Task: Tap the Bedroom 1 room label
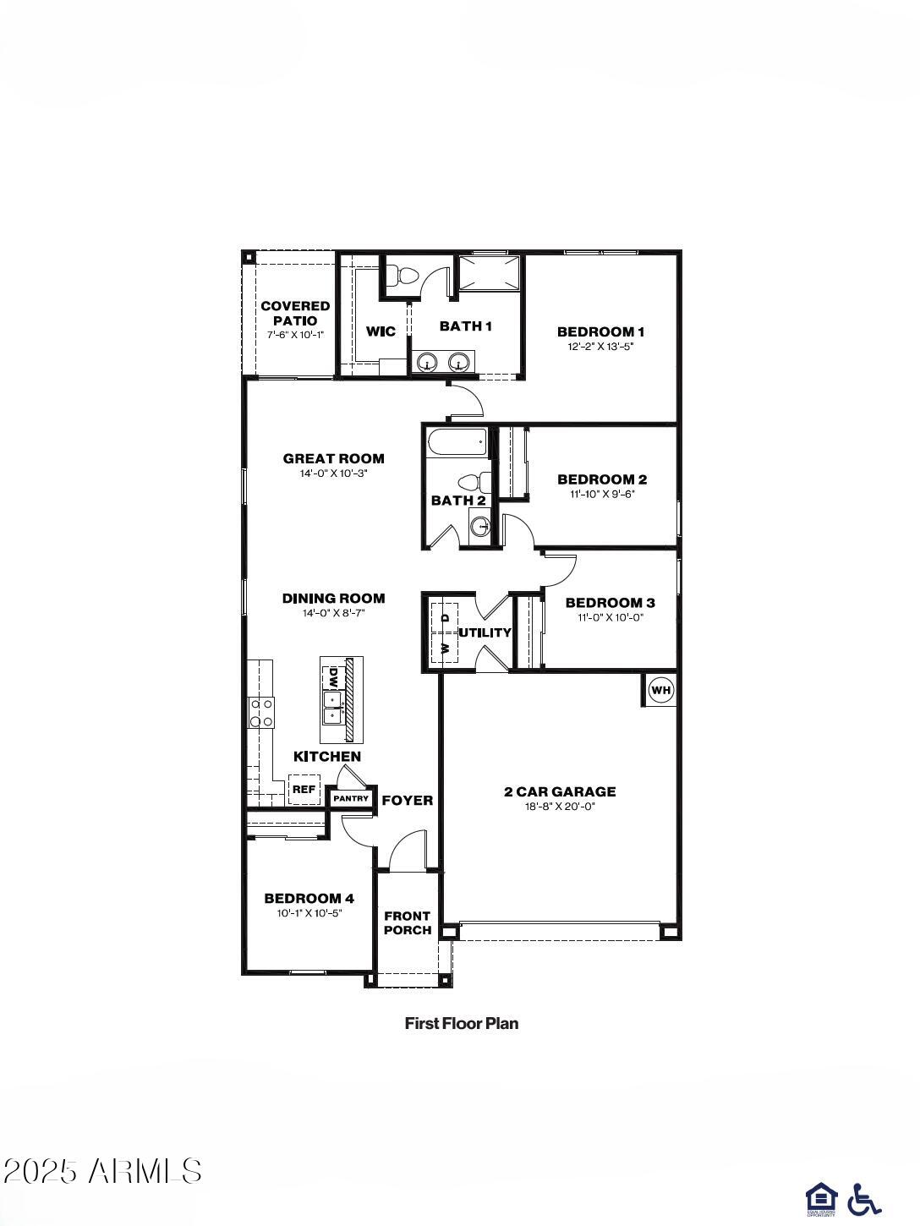tap(600, 331)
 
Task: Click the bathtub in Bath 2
tap(457, 441)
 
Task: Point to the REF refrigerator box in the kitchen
tap(304, 790)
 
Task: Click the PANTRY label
tap(351, 798)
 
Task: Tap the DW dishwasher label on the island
tap(333, 677)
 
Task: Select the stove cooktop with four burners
tap(260, 712)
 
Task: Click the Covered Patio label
tap(295, 313)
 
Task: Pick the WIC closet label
tap(381, 331)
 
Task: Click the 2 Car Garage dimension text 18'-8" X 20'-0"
tap(560, 807)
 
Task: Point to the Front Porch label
tap(408, 922)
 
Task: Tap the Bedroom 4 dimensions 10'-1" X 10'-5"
tap(309, 913)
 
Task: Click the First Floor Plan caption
tap(462, 1023)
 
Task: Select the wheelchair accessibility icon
tap(863, 1199)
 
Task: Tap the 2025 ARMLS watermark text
tap(103, 1171)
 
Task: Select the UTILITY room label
tap(485, 632)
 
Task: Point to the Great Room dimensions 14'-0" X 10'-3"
tap(333, 473)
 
